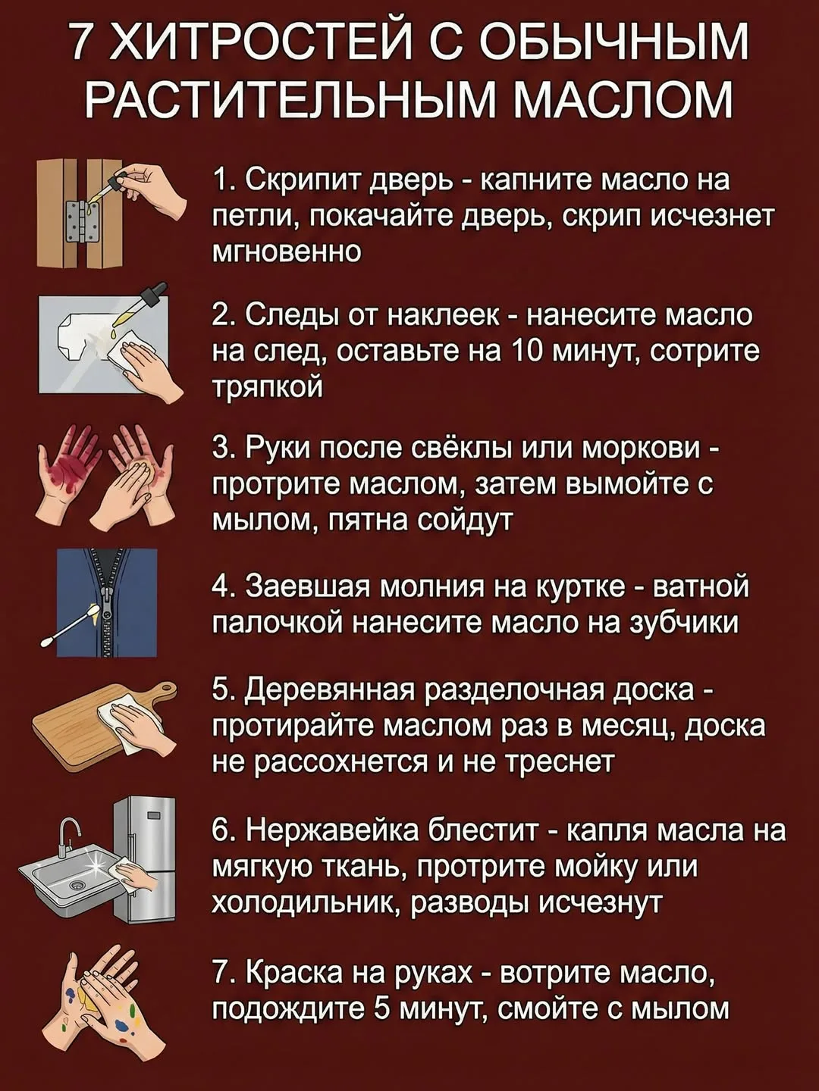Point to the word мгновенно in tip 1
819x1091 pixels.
(287, 252)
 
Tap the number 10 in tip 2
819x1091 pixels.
(519, 352)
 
